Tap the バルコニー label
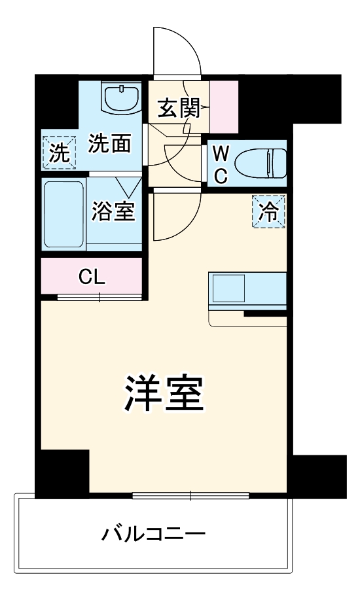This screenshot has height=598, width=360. pyautogui.click(x=153, y=535)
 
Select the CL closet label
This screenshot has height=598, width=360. pyautogui.click(x=92, y=277)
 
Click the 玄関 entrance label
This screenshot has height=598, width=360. pyautogui.click(x=178, y=107)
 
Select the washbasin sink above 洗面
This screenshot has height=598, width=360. pyautogui.click(x=122, y=98)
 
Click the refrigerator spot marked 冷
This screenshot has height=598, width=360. pyautogui.click(x=270, y=212)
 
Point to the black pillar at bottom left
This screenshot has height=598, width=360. pyautogui.click(x=61, y=474)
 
